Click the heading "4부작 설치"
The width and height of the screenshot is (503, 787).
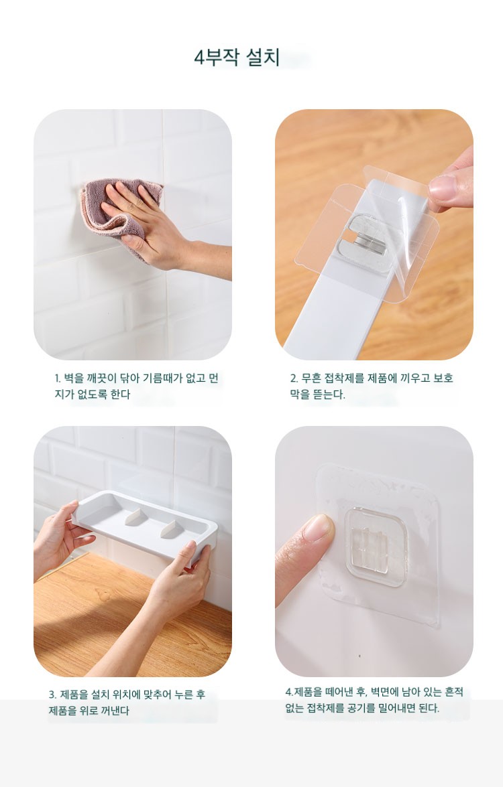(x=237, y=57)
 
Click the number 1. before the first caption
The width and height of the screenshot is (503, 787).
(x=57, y=378)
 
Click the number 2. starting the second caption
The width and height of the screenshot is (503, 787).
(x=294, y=378)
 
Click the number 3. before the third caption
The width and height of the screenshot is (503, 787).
(x=52, y=695)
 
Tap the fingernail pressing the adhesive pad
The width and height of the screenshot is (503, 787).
(x=318, y=528)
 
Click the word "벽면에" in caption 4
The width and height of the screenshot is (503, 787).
(x=386, y=692)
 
